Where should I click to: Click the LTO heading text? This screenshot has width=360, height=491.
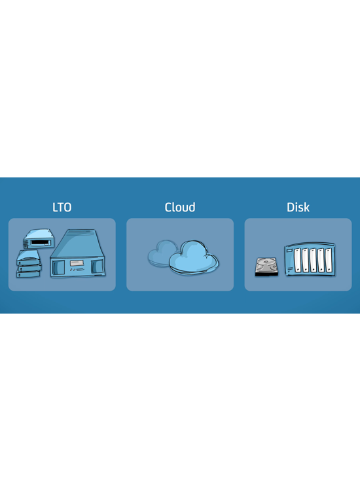click(x=62, y=208)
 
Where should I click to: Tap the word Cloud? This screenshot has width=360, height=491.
click(x=180, y=208)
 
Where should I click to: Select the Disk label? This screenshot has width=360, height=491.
click(x=298, y=208)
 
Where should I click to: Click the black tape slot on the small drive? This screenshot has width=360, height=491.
click(x=41, y=243)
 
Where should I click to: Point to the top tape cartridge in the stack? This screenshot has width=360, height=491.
click(x=29, y=257)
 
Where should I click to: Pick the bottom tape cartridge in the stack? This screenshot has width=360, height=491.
click(x=28, y=274)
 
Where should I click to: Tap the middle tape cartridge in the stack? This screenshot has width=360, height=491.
click(x=29, y=268)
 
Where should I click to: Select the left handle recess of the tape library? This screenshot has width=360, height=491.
click(x=58, y=268)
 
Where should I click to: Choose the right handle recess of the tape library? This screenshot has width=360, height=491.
click(x=97, y=267)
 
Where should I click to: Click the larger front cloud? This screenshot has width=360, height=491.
click(x=194, y=257)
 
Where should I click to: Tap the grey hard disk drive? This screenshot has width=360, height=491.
click(x=266, y=267)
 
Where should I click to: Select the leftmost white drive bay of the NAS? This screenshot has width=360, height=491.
click(x=297, y=260)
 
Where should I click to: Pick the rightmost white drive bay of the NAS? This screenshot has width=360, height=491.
click(x=329, y=260)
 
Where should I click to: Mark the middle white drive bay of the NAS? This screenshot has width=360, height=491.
click(x=313, y=260)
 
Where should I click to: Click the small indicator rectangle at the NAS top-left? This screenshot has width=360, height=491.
click(x=289, y=250)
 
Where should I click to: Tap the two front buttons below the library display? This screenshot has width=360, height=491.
click(x=72, y=270)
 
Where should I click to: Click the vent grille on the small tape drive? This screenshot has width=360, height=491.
click(x=26, y=244)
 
